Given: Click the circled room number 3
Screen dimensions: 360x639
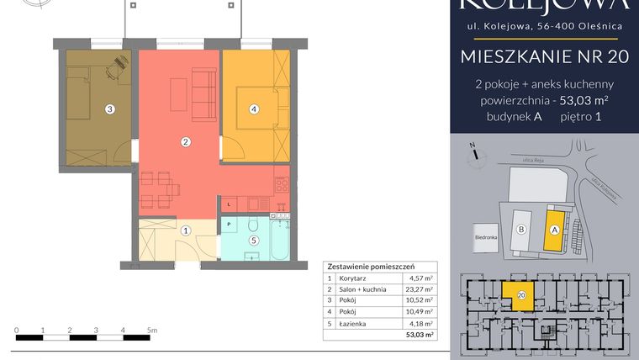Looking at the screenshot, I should click(109, 109).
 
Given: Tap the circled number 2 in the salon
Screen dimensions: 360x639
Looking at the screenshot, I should click(186, 142).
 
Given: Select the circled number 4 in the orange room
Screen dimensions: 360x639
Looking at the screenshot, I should click(253, 109).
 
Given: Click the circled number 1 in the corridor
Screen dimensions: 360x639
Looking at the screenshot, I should click(186, 230).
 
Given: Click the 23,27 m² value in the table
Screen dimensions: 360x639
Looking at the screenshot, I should click(419, 289).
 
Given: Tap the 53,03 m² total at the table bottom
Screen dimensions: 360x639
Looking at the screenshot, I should click(419, 335).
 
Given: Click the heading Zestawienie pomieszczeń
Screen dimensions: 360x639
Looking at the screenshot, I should click(367, 263).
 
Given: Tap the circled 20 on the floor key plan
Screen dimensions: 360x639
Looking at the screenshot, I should click(522, 295).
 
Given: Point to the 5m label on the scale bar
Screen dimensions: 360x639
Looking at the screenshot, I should click(151, 330).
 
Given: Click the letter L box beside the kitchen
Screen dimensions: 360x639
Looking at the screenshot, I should click(228, 204).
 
